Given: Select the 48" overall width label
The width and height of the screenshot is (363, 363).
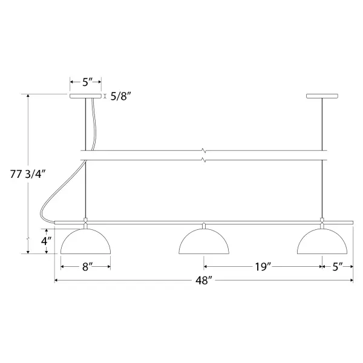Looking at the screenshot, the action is (204, 281).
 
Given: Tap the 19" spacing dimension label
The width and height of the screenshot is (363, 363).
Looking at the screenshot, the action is (263, 267).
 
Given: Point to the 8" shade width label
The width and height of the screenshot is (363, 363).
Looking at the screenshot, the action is (88, 267).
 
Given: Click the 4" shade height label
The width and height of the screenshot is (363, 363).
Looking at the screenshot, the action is (47, 241).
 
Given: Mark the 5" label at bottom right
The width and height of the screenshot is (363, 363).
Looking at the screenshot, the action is (338, 267).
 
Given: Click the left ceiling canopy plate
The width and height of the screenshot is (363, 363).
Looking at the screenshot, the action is (86, 96).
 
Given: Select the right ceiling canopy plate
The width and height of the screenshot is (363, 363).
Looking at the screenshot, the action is (322, 96).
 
